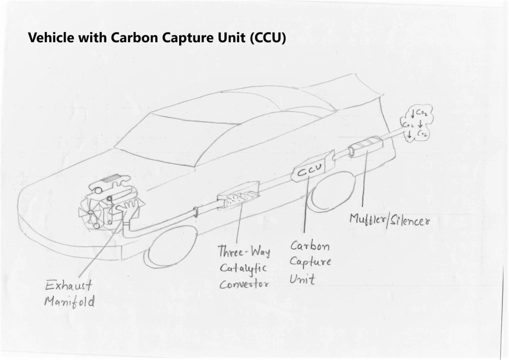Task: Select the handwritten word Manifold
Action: [x=69, y=301]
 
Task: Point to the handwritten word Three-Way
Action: [x=244, y=252]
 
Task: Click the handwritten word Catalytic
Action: [x=243, y=268]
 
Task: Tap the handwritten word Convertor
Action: [x=244, y=284]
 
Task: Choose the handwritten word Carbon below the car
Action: [x=310, y=246]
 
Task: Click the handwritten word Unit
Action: [x=302, y=279]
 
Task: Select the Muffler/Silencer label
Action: [x=390, y=220]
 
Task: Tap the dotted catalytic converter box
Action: [x=238, y=196]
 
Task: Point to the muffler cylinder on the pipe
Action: [x=365, y=146]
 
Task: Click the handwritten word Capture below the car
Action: [x=310, y=263]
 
